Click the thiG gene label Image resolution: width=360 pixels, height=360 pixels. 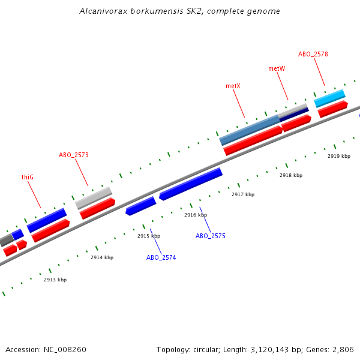click(x=28, y=177)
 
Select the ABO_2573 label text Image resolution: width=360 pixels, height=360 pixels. click(x=74, y=155)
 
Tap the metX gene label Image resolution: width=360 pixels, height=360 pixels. click(x=233, y=86)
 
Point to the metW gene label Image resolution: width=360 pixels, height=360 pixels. click(x=277, y=69)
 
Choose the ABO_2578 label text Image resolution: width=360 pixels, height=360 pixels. click(x=313, y=54)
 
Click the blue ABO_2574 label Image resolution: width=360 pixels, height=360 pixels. click(x=161, y=257)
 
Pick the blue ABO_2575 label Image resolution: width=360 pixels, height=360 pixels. click(x=211, y=236)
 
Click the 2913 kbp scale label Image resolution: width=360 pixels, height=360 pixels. click(x=55, y=280)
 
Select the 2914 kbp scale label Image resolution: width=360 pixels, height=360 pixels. click(x=102, y=257)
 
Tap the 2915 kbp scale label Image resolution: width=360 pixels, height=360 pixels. click(x=149, y=236)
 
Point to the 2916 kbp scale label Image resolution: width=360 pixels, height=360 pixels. click(x=196, y=215)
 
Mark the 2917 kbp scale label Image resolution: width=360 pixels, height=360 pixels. click(x=243, y=194)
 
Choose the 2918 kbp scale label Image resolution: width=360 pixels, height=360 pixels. click(x=291, y=175)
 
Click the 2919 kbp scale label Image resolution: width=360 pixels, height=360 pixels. click(x=339, y=156)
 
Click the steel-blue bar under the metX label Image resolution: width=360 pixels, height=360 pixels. click(x=250, y=130)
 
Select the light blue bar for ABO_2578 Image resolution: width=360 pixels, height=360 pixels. click(x=329, y=98)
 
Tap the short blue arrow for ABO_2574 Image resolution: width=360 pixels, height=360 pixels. click(x=141, y=206)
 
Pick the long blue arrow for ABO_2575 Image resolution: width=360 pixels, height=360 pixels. click(x=191, y=184)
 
